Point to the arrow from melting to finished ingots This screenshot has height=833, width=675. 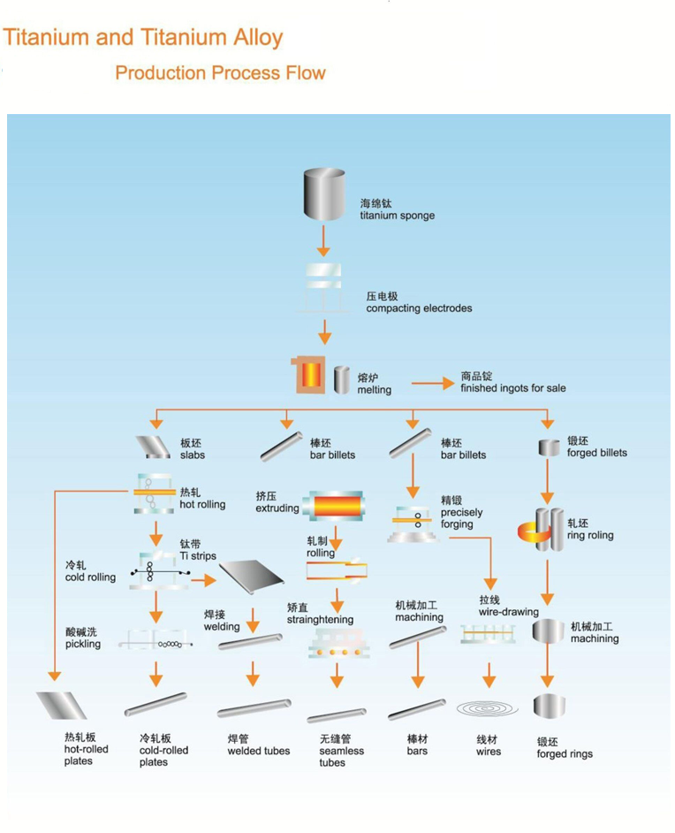[431, 384]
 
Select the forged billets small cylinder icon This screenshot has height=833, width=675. [550, 448]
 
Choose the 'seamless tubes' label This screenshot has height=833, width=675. [341, 751]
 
